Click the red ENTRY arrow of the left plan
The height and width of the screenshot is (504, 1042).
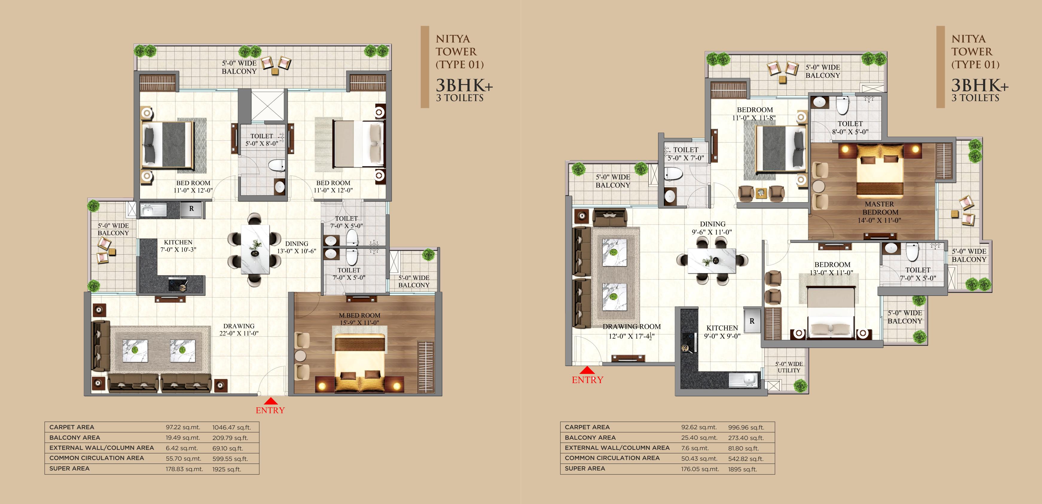(x=271, y=401)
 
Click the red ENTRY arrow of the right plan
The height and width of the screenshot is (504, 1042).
(x=587, y=370)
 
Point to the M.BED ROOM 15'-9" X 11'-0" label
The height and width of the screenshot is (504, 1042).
(x=360, y=319)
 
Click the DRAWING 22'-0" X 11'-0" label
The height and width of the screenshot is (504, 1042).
(x=239, y=330)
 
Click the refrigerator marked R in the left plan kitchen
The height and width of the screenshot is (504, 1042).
(x=191, y=209)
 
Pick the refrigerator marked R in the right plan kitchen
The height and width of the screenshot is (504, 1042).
(x=752, y=321)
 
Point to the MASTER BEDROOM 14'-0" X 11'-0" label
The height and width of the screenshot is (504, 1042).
(x=879, y=212)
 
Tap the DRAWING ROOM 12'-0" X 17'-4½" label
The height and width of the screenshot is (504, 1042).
(x=631, y=331)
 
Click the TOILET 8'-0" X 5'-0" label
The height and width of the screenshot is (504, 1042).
(x=850, y=127)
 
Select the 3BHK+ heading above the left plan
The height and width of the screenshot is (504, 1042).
(x=464, y=86)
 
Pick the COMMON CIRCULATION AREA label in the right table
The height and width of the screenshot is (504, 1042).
(x=612, y=458)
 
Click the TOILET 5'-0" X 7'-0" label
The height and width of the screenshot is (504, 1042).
(x=685, y=154)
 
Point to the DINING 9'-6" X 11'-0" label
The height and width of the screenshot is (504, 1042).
(x=712, y=228)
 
